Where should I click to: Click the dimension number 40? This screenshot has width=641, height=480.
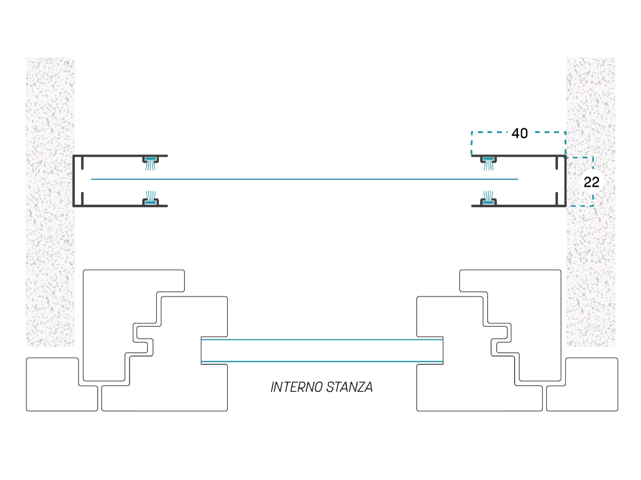point(520,133)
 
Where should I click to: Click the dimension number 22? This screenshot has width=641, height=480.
point(592,182)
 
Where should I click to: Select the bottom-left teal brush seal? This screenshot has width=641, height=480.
point(150,197)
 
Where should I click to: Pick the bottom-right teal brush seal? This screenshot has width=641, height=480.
point(488,197)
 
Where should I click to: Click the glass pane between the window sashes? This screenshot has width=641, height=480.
point(322,350)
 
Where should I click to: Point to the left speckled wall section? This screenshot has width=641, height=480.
point(50,202)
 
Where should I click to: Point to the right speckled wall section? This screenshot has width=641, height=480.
point(591,202)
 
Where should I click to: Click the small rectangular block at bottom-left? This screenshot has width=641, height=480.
point(62,384)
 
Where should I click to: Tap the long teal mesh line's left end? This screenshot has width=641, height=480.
point(91,179)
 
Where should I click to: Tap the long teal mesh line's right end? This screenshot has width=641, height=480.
point(518,179)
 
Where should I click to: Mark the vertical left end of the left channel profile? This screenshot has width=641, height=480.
point(74,181)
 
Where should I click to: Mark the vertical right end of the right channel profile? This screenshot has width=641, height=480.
point(565,181)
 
